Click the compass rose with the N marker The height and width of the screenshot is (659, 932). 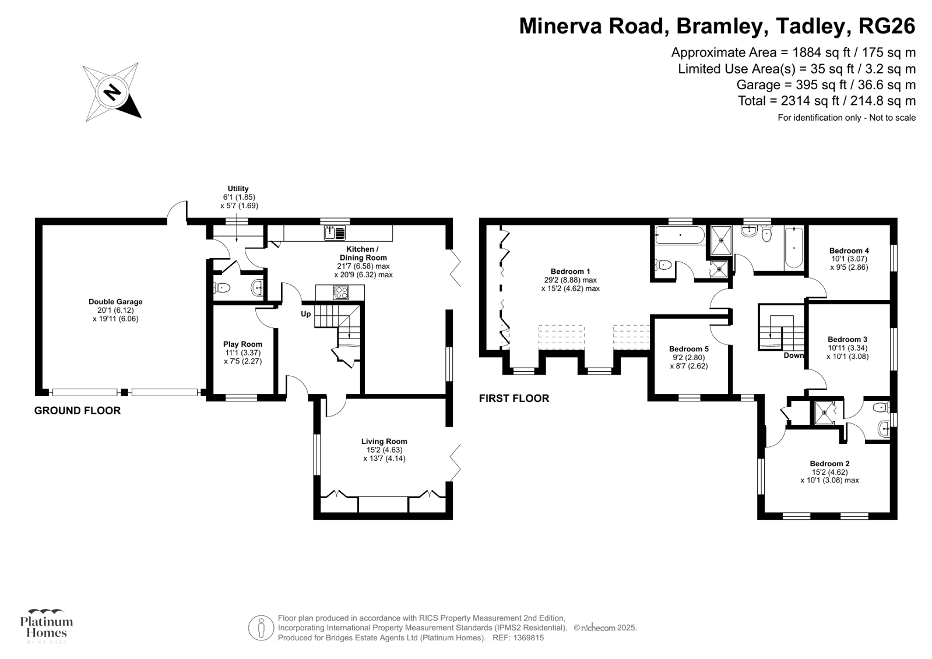tap(112, 92)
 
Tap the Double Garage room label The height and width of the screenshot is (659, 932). tap(115, 302)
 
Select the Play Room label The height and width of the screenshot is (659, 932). tap(242, 344)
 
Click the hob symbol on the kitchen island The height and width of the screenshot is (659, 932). tap(340, 293)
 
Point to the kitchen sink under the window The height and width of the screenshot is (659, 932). tap(335, 233)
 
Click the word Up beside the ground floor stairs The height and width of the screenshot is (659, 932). tap(305, 314)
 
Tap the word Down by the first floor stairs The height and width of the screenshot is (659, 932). tap(794, 355)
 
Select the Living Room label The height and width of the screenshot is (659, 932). tap(384, 442)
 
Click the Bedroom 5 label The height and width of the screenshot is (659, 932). tap(689, 349)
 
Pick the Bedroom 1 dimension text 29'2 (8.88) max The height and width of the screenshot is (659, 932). tap(570, 280)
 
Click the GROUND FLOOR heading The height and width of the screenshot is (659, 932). tap(78, 411)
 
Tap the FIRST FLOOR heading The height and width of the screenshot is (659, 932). tap(514, 399)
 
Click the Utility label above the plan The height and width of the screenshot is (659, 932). tap(238, 189)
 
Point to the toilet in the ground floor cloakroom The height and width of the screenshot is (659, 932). tap(222, 287)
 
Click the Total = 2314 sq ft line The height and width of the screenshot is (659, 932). tap(827, 101)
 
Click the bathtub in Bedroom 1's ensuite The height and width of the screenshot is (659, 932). tap(680, 236)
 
